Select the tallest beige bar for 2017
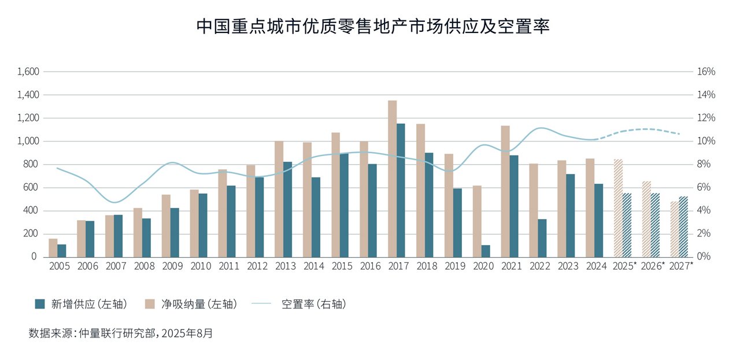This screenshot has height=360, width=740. click(392, 179)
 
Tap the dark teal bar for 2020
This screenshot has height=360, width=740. click(486, 251)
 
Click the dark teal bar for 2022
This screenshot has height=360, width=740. click(542, 237)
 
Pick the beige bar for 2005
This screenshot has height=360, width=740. click(53, 247)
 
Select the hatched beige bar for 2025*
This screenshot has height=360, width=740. click(618, 208)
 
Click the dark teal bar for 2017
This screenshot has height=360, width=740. click(401, 190)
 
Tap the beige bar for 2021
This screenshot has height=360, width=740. click(505, 191)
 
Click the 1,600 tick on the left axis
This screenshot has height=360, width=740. click(28, 72)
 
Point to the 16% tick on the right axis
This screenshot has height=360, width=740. click(706, 72)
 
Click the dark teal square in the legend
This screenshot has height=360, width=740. click(40, 304)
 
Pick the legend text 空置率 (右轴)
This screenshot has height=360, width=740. click(313, 304)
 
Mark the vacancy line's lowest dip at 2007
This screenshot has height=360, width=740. click(116, 202)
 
